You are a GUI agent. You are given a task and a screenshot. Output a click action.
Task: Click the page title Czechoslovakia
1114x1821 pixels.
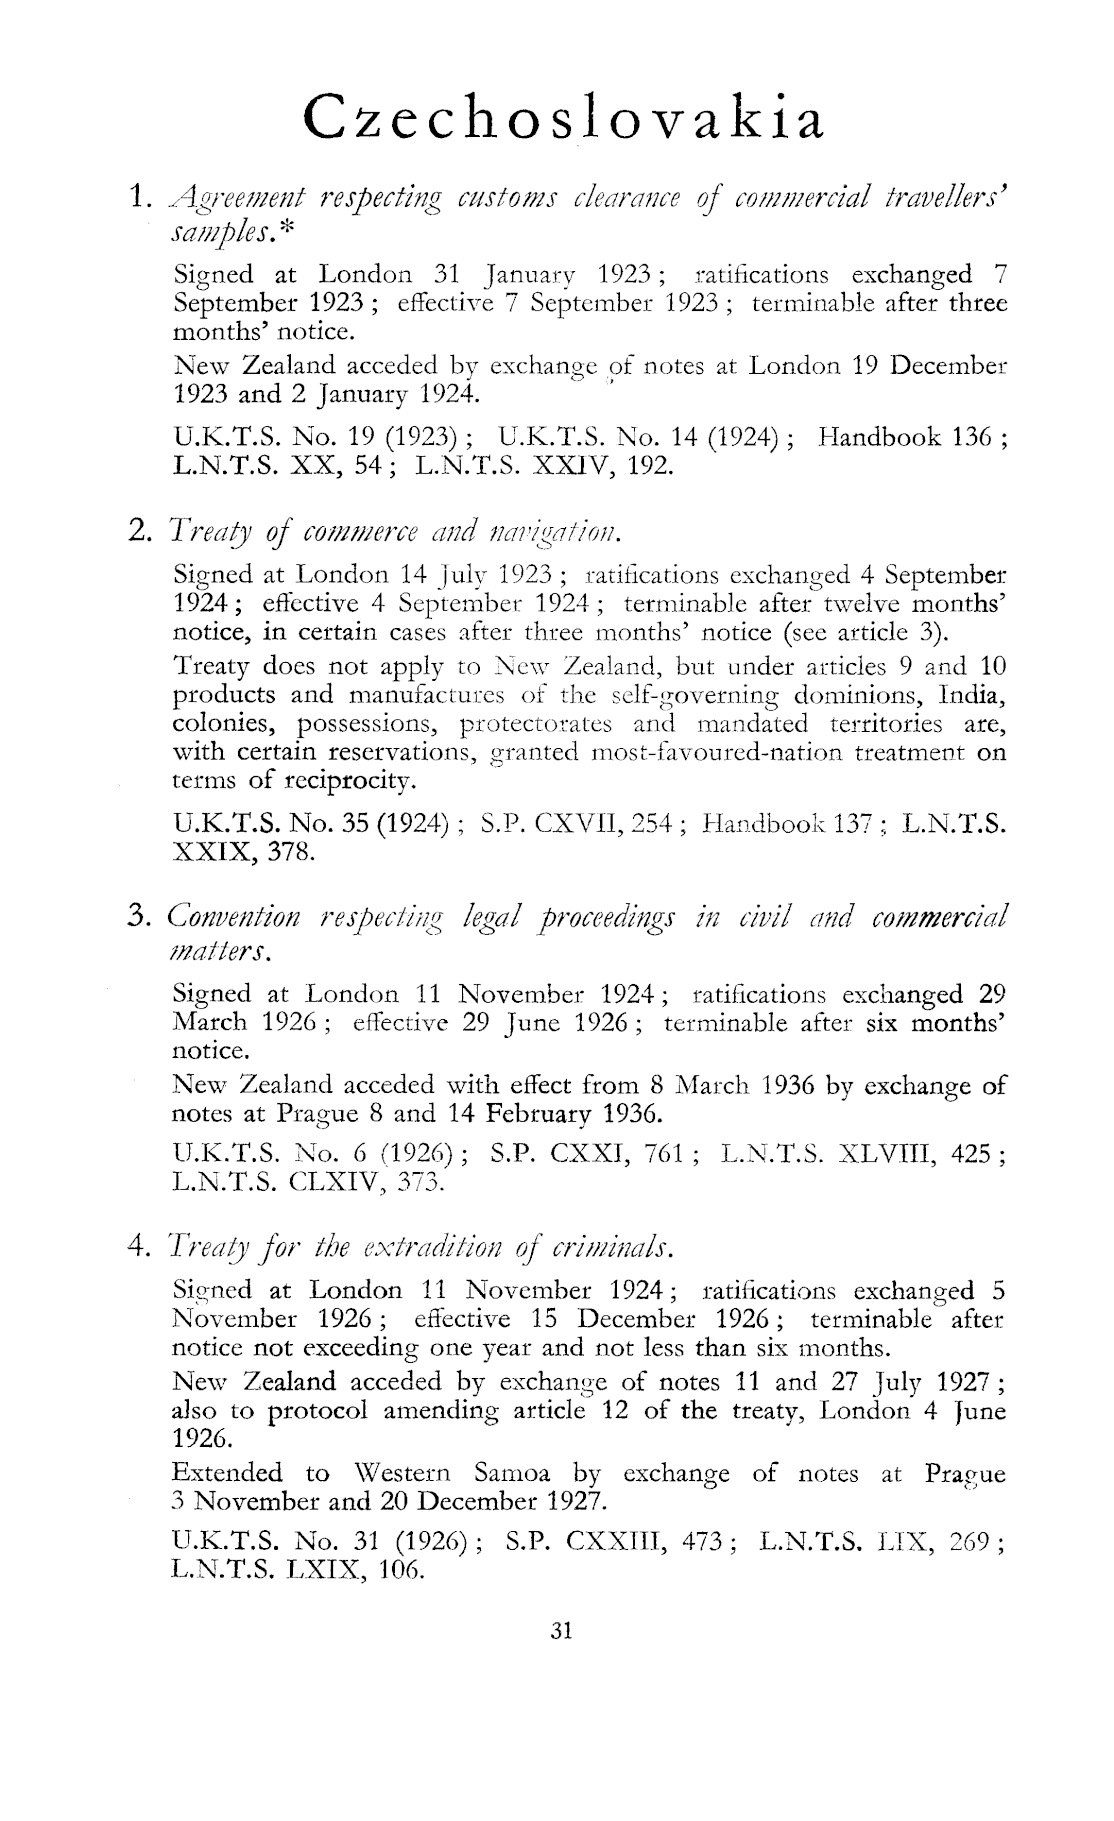[565, 119]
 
